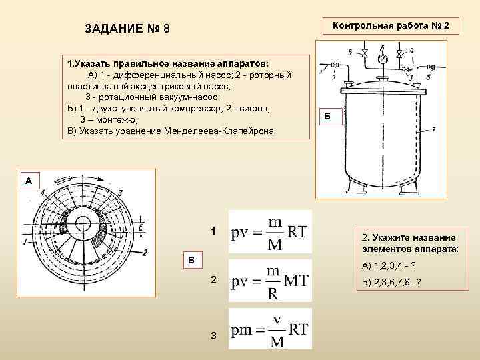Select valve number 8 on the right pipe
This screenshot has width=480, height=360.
431,67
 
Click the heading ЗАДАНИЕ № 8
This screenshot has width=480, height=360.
128,29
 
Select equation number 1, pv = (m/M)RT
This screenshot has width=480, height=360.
269,231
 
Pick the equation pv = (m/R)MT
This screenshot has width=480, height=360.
269,281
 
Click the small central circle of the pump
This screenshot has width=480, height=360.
83,223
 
